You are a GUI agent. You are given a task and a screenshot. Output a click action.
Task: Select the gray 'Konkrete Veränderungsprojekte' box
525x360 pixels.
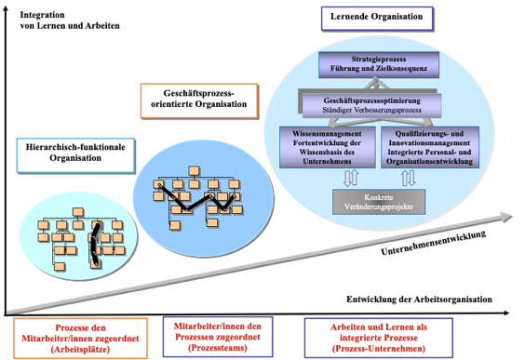pyautogui.click(x=377, y=200)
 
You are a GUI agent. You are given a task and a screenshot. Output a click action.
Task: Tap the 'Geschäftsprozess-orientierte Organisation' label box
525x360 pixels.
pyautogui.click(x=199, y=100)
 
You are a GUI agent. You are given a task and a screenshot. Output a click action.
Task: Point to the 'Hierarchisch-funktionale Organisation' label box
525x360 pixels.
pyautogui.click(x=75, y=152)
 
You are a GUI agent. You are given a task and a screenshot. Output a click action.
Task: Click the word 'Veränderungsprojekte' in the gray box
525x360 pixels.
pyautogui.click(x=377, y=206)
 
